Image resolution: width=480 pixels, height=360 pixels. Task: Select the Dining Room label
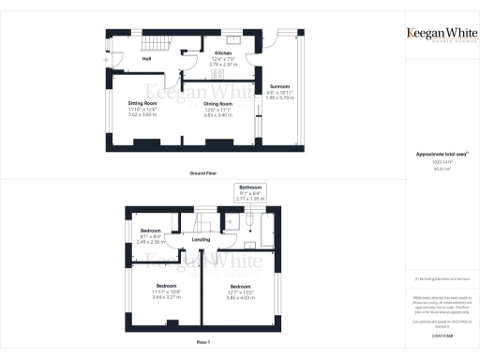point(217,103)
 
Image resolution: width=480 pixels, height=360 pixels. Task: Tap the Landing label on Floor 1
point(201,240)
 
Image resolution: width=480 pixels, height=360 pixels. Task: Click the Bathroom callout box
point(250,193)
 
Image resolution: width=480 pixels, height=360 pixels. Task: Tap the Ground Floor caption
point(203,173)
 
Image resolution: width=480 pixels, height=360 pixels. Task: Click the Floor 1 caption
point(203,344)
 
